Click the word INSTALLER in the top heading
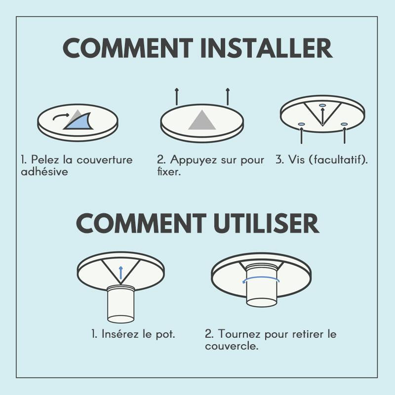[267, 48]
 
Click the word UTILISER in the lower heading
[266, 223]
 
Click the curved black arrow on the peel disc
[61, 117]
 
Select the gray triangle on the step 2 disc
[202, 120]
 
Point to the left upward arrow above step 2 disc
[177, 96]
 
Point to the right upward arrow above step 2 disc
[228, 96]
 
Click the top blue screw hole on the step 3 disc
[322, 105]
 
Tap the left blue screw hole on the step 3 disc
[302, 124]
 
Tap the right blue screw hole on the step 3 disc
[344, 124]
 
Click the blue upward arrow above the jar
[121, 273]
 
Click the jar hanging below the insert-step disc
[121, 304]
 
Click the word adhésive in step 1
[44, 172]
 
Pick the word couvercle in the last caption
[232, 346]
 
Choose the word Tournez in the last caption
[239, 334]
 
